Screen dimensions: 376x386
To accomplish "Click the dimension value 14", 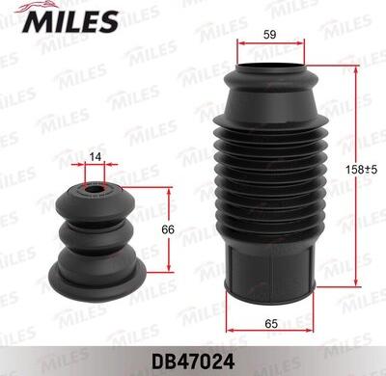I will tap(95, 156).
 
